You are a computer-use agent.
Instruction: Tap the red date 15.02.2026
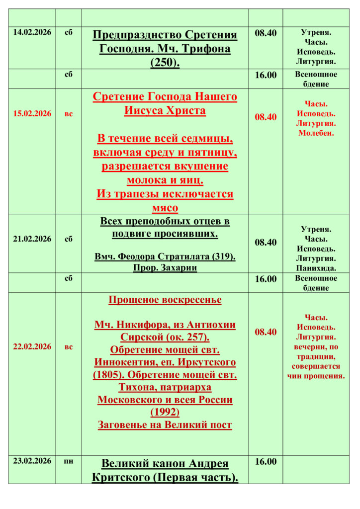click(x=32, y=114)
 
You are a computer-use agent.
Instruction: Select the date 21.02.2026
click(x=32, y=239)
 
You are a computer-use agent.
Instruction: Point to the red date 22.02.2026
click(x=32, y=346)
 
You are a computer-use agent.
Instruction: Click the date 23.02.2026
click(x=32, y=461)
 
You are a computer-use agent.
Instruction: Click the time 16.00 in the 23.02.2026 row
click(x=266, y=462)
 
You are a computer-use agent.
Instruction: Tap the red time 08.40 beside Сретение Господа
click(x=266, y=117)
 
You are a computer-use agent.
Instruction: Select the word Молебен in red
click(x=316, y=133)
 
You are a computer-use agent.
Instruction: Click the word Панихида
click(x=316, y=268)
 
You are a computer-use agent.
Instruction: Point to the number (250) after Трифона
click(x=165, y=63)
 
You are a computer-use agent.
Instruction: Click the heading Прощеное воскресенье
click(x=165, y=300)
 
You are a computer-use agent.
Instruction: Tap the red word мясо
click(x=165, y=208)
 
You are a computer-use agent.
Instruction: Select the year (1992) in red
click(x=165, y=412)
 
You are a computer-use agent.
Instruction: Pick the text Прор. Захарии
click(x=165, y=268)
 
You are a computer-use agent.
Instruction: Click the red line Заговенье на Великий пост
click(x=165, y=425)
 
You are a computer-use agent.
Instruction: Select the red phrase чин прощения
click(x=316, y=376)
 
